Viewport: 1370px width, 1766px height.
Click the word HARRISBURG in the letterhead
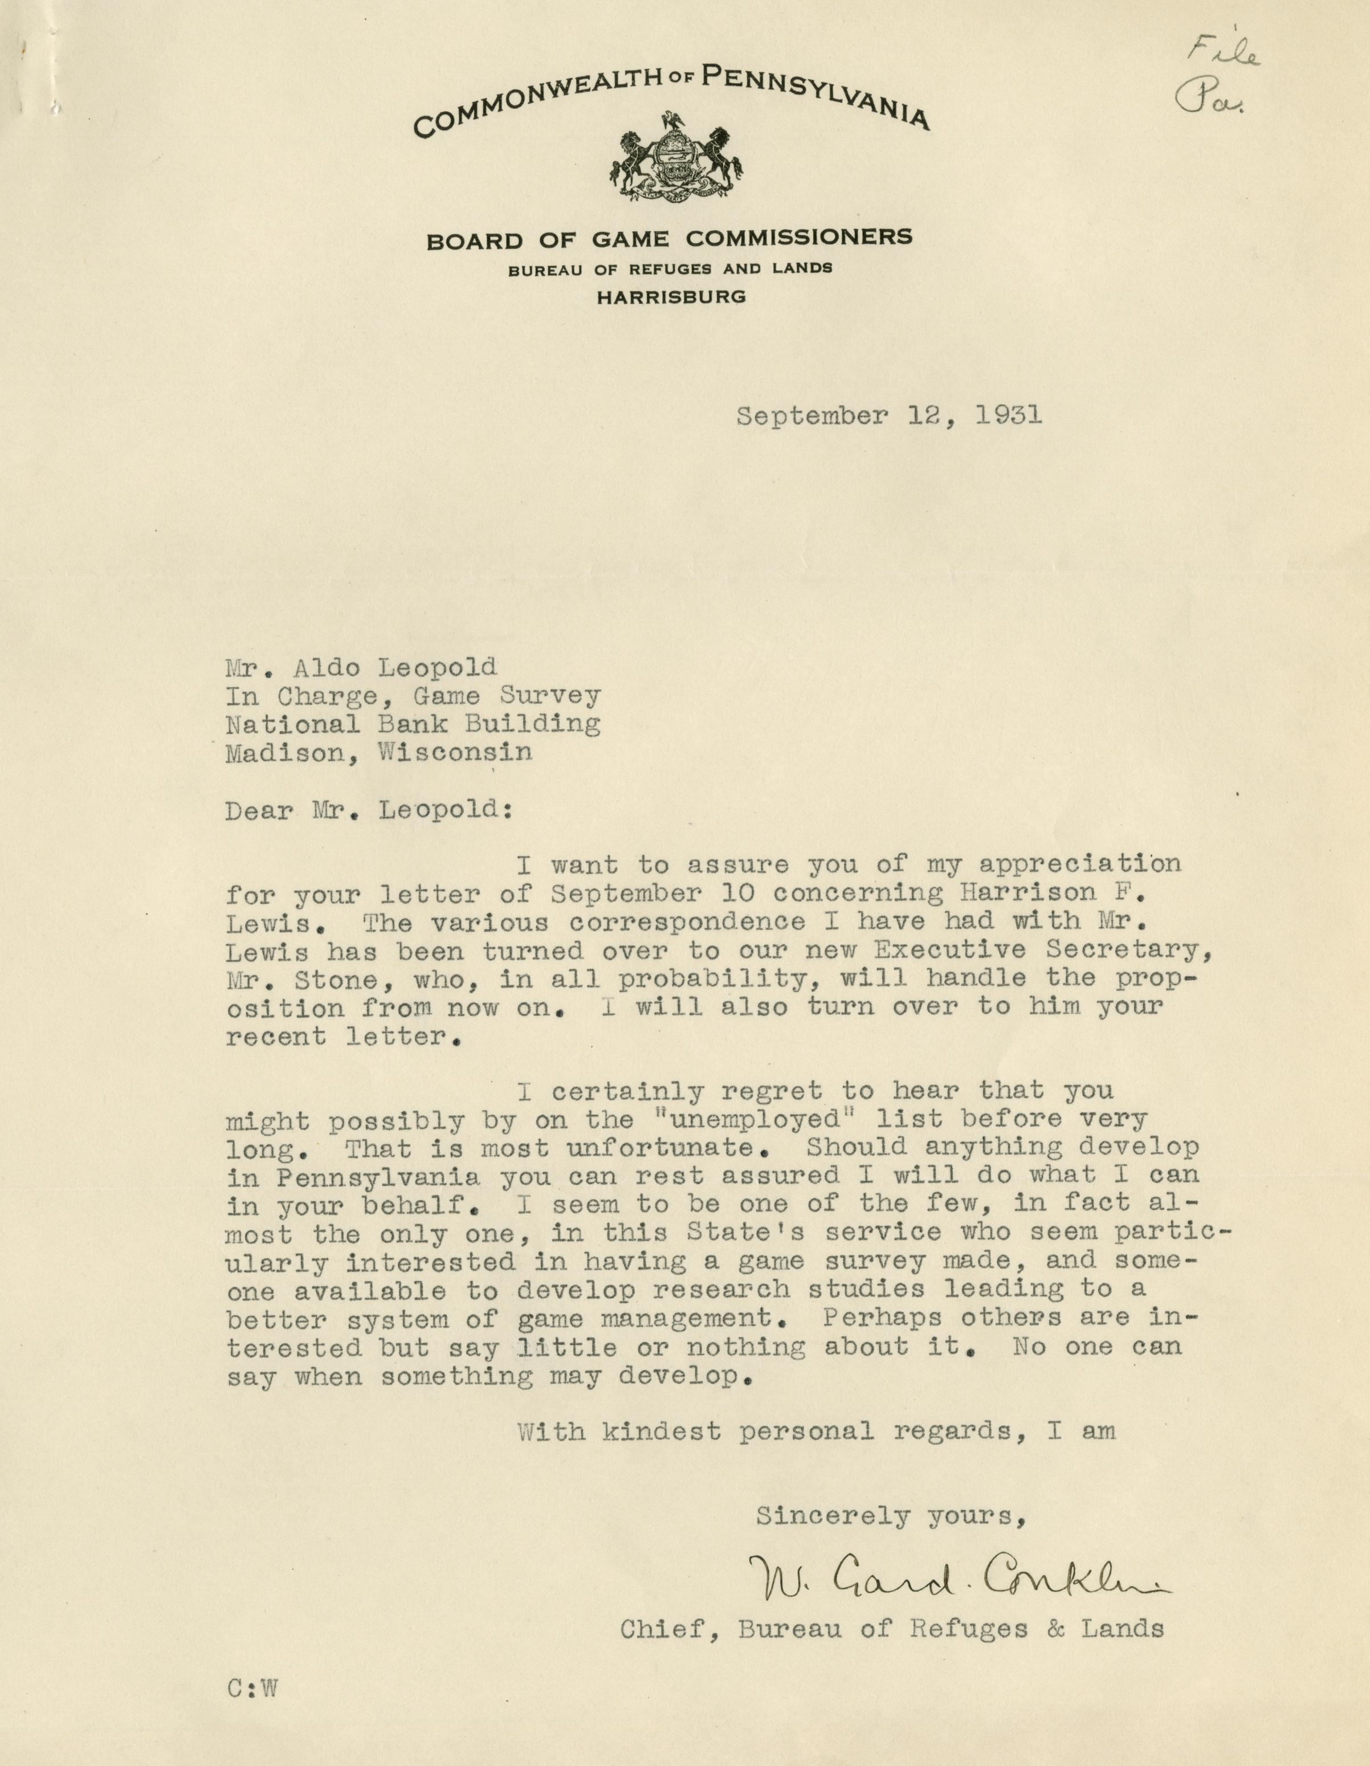click(x=670, y=297)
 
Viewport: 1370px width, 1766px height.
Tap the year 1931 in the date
click(x=1008, y=415)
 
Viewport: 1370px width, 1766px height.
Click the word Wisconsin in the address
click(x=455, y=753)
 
